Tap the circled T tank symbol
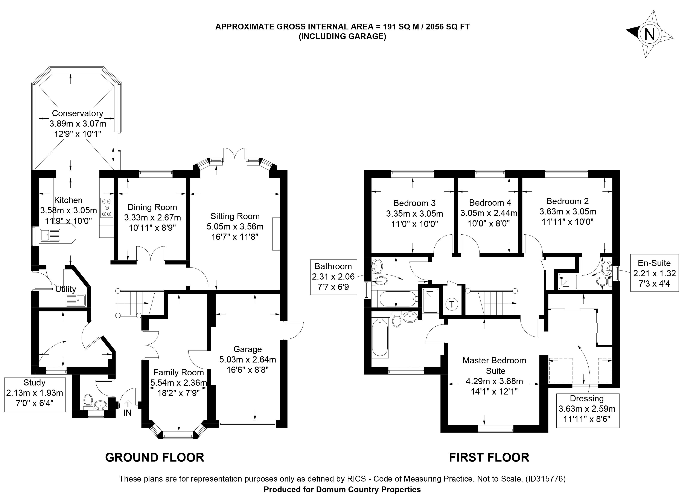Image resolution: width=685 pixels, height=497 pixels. point(452,304)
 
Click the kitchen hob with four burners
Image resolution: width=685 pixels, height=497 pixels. point(107,208)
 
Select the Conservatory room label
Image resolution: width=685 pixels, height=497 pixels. point(78,113)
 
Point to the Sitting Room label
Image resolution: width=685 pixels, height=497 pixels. point(235,216)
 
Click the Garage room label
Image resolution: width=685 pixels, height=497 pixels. point(248,349)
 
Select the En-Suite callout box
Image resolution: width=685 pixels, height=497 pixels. point(654,273)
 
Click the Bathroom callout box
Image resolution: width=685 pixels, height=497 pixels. point(333,276)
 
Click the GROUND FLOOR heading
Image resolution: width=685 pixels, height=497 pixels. point(155,457)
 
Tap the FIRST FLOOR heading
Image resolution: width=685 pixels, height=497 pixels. point(489,457)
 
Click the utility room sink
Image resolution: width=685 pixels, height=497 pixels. point(76,300)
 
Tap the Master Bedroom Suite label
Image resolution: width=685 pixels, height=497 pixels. point(494,365)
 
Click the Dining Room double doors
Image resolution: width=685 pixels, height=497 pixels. point(151,254)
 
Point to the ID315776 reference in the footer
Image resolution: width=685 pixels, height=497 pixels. point(545,479)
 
